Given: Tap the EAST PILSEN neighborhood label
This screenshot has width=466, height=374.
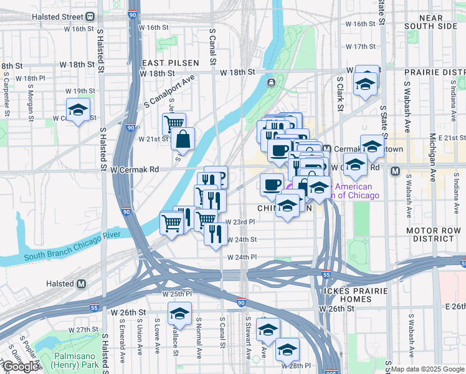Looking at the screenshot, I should coord(170,63).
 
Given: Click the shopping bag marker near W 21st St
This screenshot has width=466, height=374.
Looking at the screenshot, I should coord(183,140).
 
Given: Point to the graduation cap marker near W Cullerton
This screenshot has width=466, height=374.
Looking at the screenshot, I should coord(78,110).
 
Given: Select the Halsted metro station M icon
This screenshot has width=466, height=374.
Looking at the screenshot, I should coord(81,284).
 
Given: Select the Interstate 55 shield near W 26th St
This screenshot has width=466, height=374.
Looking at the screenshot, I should coord(93,307).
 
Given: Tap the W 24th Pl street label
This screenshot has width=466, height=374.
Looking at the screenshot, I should coord(242,257).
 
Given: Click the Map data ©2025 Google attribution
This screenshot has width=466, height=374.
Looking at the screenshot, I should coord(427,369).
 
